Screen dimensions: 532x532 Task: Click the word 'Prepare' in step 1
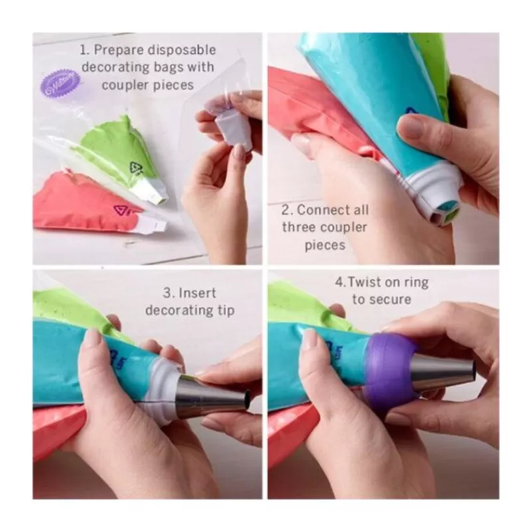pyautogui.click(x=117, y=49)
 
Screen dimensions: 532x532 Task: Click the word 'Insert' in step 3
pyautogui.click(x=198, y=293)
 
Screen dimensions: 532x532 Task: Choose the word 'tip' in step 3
pyautogui.click(x=223, y=311)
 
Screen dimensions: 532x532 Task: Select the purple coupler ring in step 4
pyautogui.click(x=390, y=370)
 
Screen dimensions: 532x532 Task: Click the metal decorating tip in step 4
pyautogui.click(x=442, y=373)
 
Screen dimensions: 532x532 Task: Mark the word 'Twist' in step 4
pyautogui.click(x=362, y=282)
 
